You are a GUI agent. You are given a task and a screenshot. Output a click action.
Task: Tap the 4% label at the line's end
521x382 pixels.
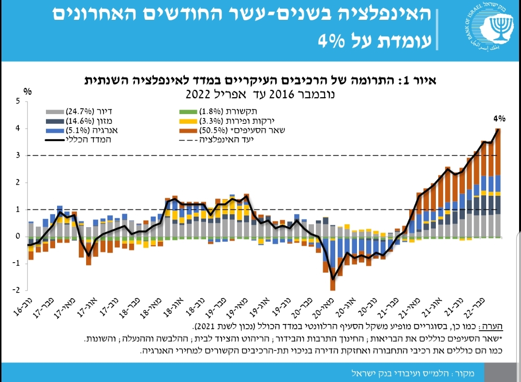[x=499, y=118]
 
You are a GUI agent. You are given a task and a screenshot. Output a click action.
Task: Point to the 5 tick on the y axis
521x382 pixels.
[x=18, y=102]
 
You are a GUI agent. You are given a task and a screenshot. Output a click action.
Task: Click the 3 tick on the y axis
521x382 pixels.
[x=18, y=156]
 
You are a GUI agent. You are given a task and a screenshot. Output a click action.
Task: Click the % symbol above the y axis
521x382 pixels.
[x=28, y=91]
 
